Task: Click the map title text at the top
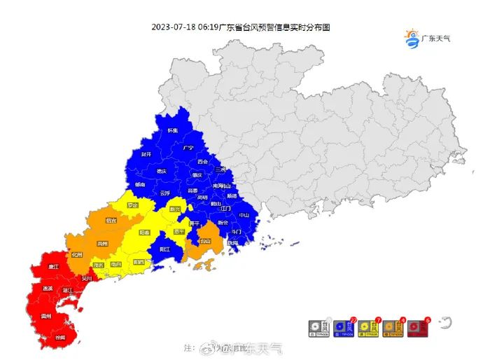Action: (240, 27)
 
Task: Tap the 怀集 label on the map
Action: (172, 130)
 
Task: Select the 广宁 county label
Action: (188, 148)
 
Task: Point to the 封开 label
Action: (146, 154)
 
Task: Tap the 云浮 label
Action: (165, 193)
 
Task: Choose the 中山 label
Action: (244, 215)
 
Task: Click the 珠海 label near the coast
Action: (232, 242)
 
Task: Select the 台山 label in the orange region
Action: (205, 242)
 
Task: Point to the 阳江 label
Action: (164, 249)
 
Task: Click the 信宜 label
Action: (111, 220)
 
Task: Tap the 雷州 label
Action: (46, 316)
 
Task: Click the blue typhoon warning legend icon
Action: (343, 327)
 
